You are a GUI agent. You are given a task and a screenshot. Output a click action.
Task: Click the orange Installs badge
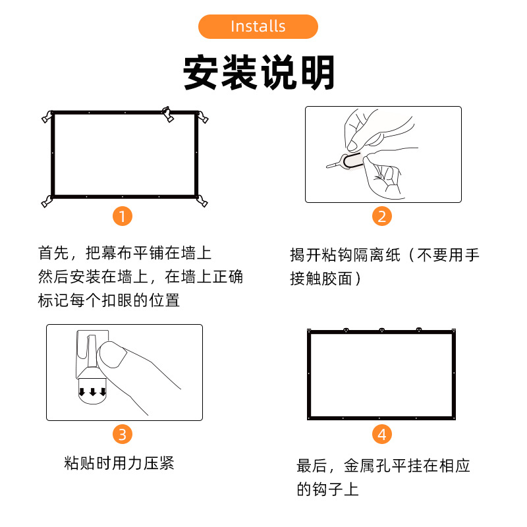pyautogui.click(x=258, y=26)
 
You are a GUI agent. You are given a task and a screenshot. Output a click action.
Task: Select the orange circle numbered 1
pyautogui.click(x=123, y=216)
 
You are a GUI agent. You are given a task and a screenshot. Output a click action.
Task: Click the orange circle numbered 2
pyautogui.click(x=382, y=216)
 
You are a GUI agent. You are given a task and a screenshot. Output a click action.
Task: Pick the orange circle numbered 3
pyautogui.click(x=123, y=434)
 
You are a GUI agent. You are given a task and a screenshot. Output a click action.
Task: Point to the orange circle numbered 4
pyautogui.click(x=382, y=434)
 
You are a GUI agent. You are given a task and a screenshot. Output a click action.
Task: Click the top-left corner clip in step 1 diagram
pyautogui.click(x=47, y=117)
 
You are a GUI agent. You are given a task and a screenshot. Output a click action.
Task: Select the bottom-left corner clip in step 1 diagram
pyautogui.click(x=46, y=201)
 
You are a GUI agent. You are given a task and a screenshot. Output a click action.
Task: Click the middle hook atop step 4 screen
pyautogui.click(x=381, y=329)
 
